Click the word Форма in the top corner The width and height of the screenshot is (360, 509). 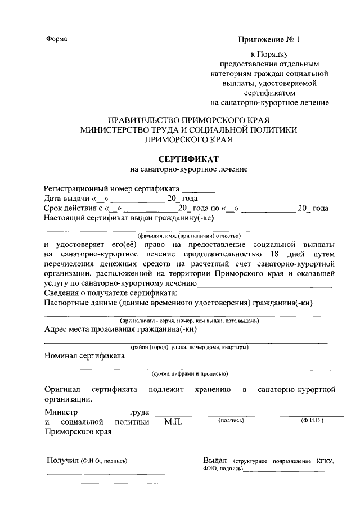pyautogui.click(x=56, y=39)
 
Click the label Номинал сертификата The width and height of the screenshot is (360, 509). pyautogui.click(x=84, y=356)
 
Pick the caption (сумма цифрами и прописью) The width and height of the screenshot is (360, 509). pyautogui.click(x=188, y=373)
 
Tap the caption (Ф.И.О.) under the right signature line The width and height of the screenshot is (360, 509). pyautogui.click(x=312, y=420)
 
